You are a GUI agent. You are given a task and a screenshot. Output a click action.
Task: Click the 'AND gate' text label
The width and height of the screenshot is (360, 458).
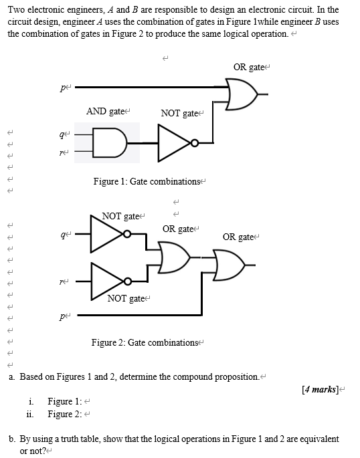105,111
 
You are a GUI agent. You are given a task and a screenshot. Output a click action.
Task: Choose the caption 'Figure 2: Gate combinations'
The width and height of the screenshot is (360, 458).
145,342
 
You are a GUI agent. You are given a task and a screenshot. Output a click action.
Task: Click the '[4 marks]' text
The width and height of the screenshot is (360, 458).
321,388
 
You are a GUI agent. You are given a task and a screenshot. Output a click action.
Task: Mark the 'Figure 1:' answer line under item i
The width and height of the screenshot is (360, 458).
64,401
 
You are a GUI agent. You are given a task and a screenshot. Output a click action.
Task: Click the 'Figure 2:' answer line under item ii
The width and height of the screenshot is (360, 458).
64,414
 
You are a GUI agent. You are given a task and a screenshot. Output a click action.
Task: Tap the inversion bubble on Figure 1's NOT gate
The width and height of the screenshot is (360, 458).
194,142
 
